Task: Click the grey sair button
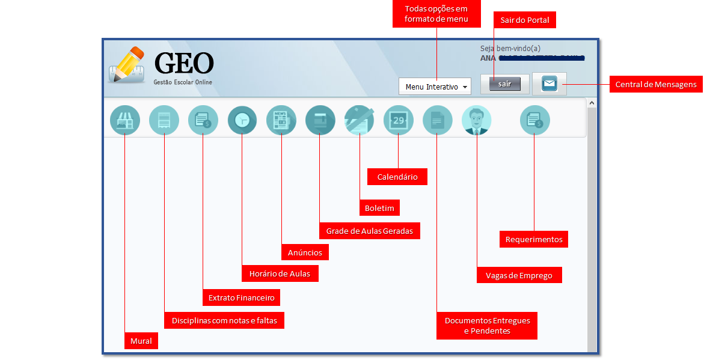click(504, 84)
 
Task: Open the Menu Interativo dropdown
click(435, 87)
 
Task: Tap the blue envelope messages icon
click(549, 84)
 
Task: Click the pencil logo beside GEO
click(128, 65)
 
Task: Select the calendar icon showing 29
click(399, 120)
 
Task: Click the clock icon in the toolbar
click(242, 120)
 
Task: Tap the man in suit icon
click(476, 120)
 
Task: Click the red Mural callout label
click(141, 342)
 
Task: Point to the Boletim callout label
click(379, 209)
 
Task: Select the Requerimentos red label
click(534, 239)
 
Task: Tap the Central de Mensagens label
click(656, 85)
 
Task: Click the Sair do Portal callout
click(525, 20)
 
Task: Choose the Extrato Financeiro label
click(241, 297)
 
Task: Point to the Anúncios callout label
click(305, 252)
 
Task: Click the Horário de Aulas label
click(280, 274)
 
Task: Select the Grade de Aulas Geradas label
click(369, 231)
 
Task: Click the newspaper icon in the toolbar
click(281, 120)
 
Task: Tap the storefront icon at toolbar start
click(125, 120)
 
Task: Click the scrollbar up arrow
click(592, 103)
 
